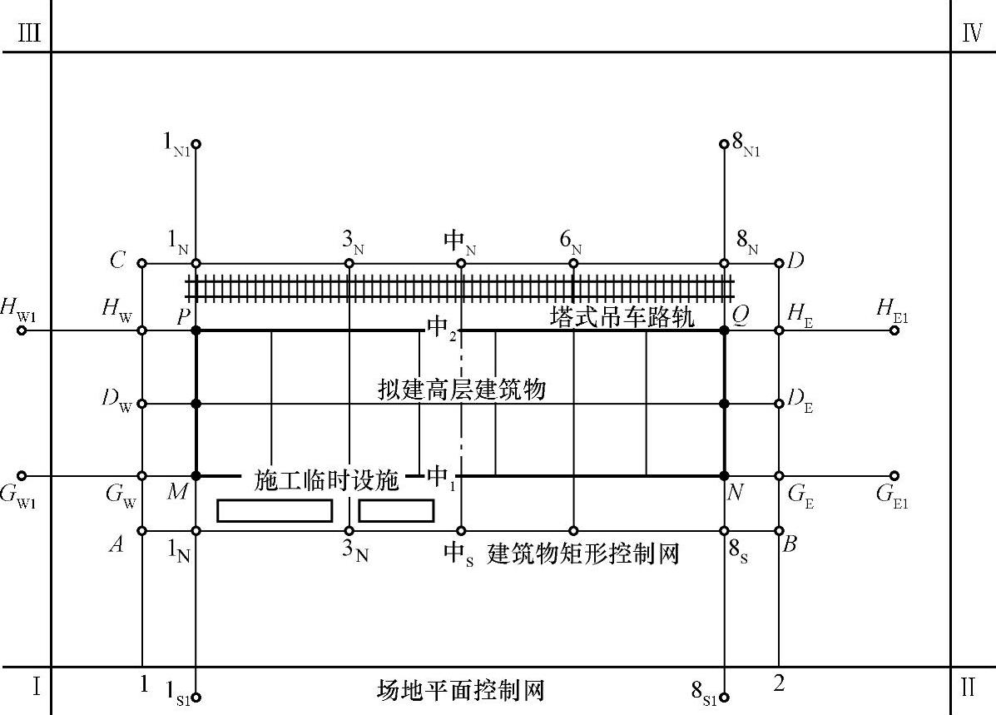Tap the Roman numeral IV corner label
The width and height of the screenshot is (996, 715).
[x=972, y=37]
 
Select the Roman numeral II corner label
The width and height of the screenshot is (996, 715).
[x=969, y=688]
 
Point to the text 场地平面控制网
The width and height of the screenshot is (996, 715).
[x=460, y=690]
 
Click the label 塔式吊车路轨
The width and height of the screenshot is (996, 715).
[x=622, y=317]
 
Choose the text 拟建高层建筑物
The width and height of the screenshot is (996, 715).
[x=460, y=389]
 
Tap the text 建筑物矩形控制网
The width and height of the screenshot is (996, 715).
[x=584, y=553]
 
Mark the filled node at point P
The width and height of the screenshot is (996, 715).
[x=196, y=330]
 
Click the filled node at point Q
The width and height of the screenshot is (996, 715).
[x=724, y=330]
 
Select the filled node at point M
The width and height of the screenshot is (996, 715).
[x=196, y=476]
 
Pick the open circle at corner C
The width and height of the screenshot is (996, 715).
[x=142, y=264]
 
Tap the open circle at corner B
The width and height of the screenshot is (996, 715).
[x=779, y=530]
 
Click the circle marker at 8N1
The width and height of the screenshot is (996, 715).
[x=724, y=144]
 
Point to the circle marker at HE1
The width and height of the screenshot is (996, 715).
[x=894, y=330]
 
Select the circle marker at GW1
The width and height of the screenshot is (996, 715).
[x=22, y=476]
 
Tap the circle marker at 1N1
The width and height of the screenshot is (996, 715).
[x=196, y=144]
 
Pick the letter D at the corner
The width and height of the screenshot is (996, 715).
[x=795, y=261]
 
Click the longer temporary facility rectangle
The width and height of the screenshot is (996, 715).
[x=275, y=510]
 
